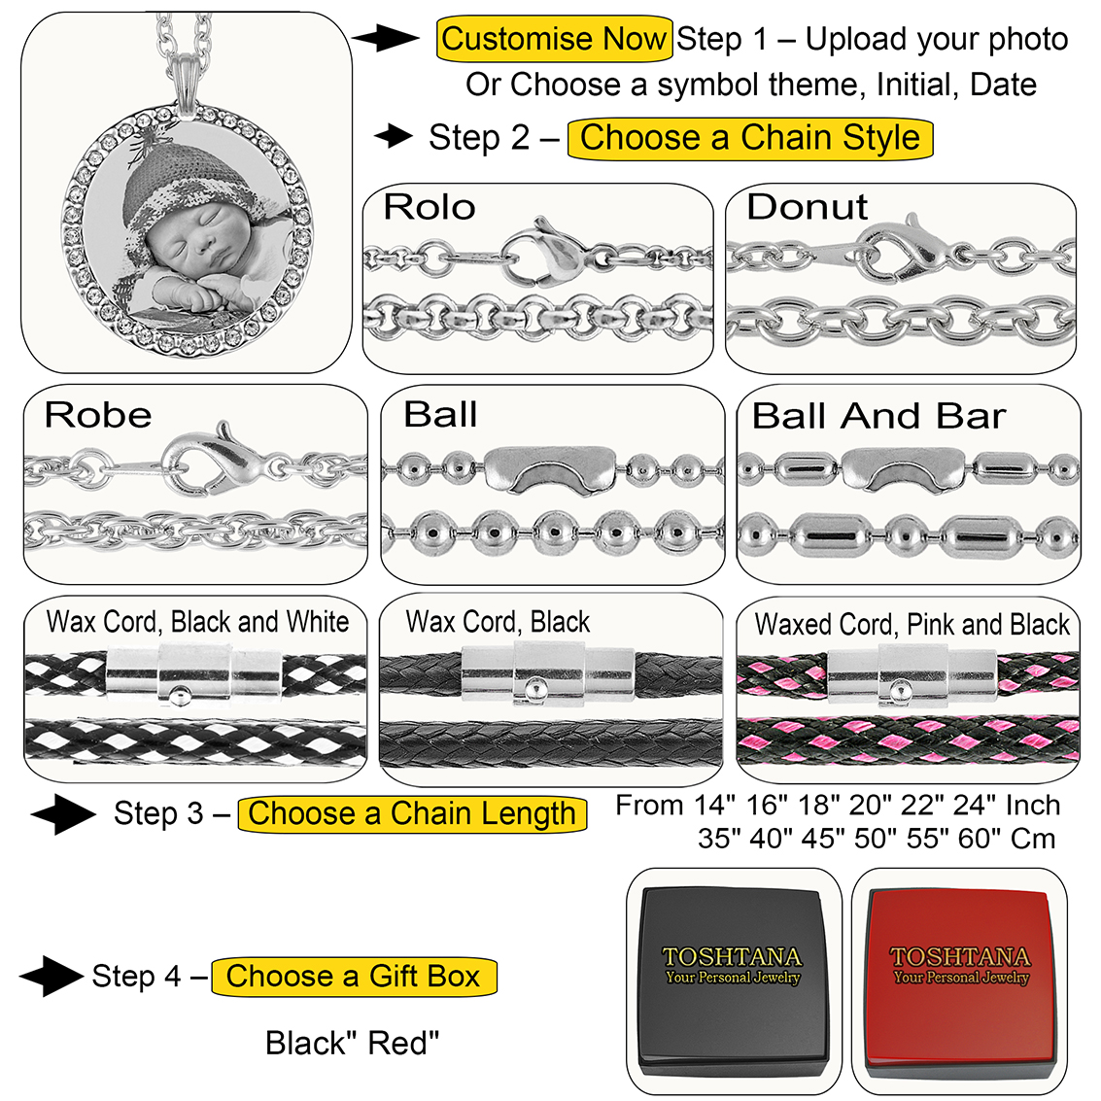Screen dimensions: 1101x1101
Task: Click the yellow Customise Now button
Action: point(554,40)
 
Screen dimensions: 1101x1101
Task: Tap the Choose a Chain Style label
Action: point(749,138)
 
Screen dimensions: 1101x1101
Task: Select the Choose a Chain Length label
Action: point(412,814)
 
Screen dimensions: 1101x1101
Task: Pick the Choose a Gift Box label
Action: point(354,976)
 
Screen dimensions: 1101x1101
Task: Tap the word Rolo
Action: point(429,207)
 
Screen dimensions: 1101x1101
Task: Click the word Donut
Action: point(807,207)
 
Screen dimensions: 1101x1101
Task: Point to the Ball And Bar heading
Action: point(878,416)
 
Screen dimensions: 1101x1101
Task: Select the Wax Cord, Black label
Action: point(498,622)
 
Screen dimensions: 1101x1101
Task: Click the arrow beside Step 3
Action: point(63,814)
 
